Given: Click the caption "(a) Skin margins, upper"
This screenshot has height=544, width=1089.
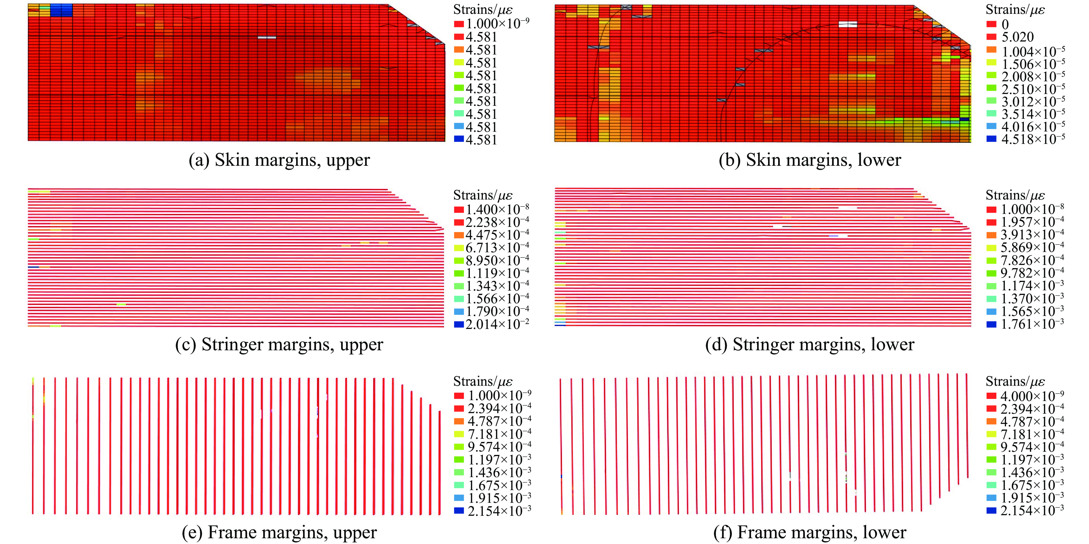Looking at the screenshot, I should coord(279,160).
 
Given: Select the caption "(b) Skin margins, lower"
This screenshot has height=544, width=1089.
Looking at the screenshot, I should coord(810,160).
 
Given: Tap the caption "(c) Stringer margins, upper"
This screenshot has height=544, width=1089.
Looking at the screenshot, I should coord(279,344).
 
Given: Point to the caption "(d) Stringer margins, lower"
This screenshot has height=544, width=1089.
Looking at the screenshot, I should coord(810,344).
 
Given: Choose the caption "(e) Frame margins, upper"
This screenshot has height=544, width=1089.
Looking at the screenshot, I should coord(279,532).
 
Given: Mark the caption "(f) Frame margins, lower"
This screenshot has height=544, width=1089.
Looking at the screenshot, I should coord(810,532).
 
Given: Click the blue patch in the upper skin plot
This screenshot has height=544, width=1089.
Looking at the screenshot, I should coord(61,10).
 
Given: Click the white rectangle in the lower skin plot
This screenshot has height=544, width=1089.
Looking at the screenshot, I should coord(848,25).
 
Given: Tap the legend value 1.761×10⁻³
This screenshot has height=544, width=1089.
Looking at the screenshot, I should coord(1032,324).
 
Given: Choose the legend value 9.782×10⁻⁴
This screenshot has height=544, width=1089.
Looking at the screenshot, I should coord(1032,273).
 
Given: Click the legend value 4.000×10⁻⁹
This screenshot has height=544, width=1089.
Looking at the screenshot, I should coord(1032,396).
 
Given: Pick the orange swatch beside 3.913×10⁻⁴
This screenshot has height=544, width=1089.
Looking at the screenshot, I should coord(991,235).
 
